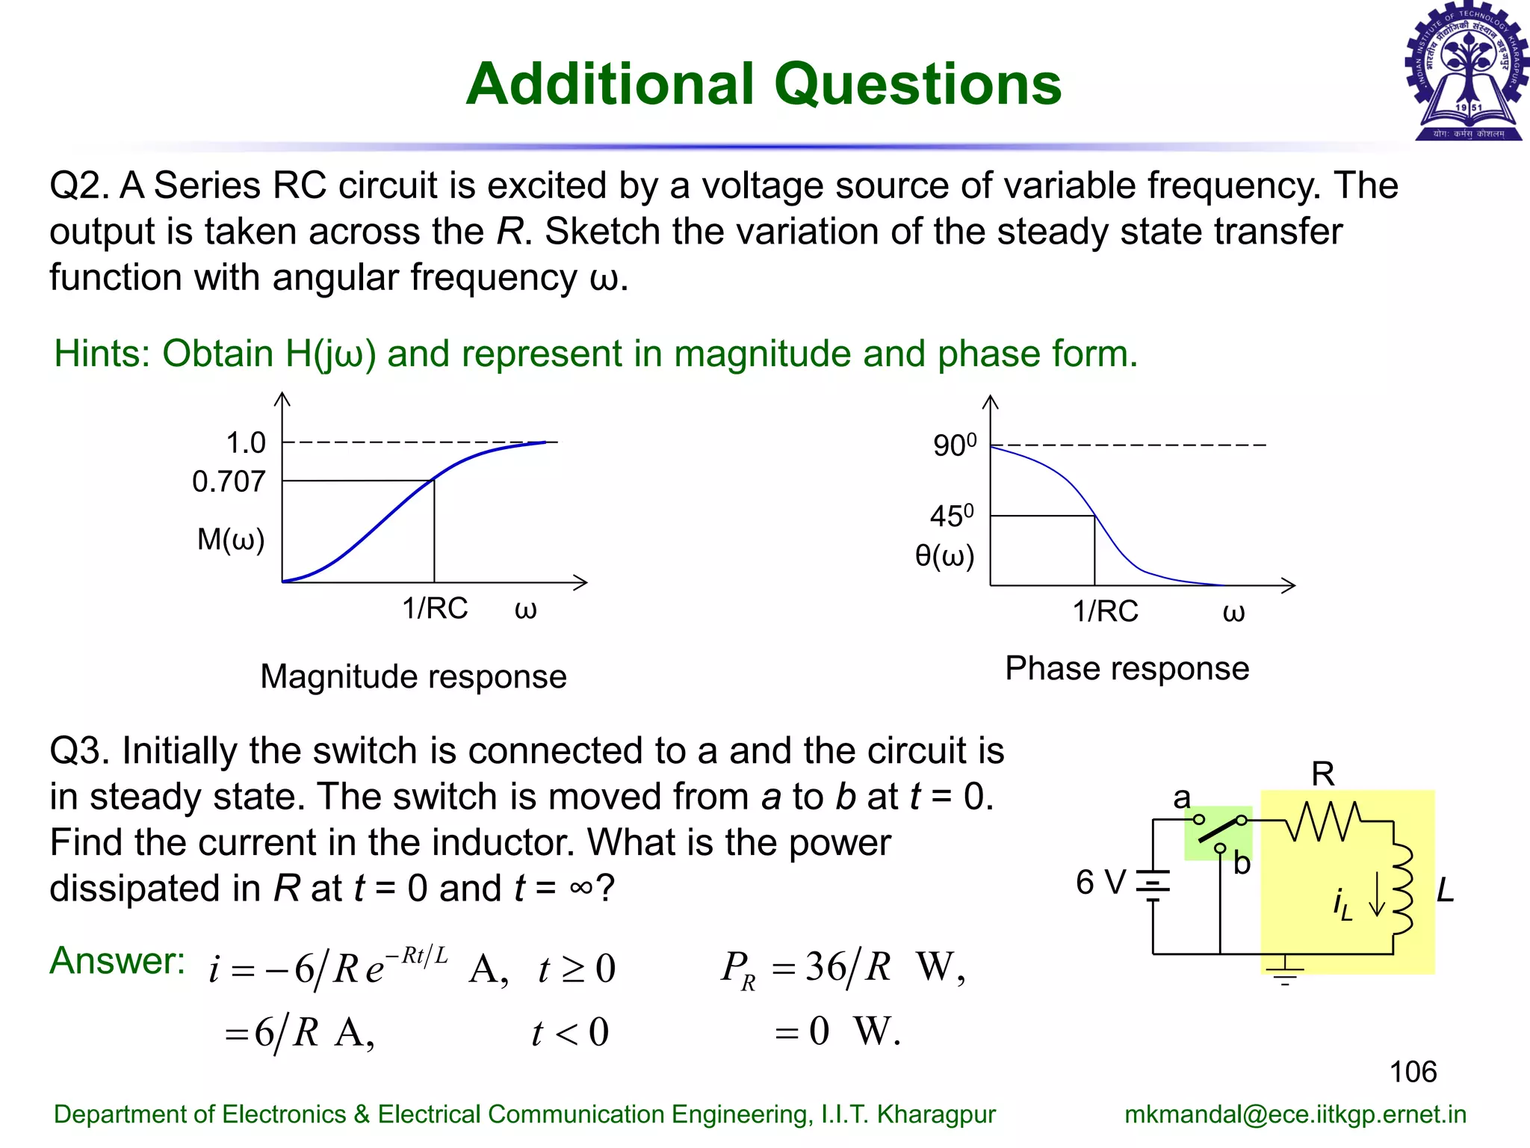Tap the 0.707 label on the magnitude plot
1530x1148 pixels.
coord(229,482)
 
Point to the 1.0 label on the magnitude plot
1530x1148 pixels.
coord(246,443)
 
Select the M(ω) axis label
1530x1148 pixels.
coord(231,539)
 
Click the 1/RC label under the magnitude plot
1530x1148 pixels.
coord(435,608)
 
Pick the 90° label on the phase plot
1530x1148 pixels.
coord(954,445)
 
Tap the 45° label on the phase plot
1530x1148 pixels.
coord(952,516)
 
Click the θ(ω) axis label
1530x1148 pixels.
coord(945,556)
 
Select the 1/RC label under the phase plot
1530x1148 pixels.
coord(1106,611)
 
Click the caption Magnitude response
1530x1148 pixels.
coord(413,676)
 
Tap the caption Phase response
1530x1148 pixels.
coord(1127,668)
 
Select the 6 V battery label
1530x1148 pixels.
coord(1100,883)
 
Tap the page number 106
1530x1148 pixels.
coord(1413,1072)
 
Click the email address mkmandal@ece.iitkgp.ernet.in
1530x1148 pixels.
coord(1295,1114)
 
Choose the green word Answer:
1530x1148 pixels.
coord(117,960)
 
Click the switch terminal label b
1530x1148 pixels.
coord(1242,864)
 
